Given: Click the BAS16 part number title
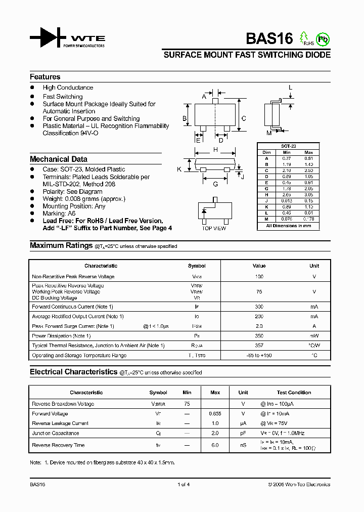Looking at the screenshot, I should [269, 39].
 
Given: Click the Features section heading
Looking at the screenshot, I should [45, 77].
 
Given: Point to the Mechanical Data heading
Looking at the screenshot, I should [59, 159].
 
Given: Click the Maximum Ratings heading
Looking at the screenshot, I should [61, 245].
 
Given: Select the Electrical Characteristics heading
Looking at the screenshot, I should [73, 372].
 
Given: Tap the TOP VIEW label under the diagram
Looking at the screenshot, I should [214, 229].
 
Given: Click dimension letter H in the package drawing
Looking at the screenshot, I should [215, 150].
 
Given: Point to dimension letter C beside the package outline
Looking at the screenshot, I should [243, 119].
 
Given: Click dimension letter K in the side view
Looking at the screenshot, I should [179, 169].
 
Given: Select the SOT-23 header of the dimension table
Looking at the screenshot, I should [289, 146].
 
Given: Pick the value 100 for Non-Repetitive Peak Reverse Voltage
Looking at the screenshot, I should [259, 277].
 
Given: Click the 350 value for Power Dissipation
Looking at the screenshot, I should [259, 336].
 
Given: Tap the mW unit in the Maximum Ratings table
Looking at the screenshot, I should [314, 336].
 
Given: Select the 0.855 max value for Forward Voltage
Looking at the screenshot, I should [215, 414].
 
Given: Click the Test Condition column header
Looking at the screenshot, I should [294, 393].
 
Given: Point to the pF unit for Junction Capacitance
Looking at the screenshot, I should [243, 434].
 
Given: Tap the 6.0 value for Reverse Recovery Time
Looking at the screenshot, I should [215, 445].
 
